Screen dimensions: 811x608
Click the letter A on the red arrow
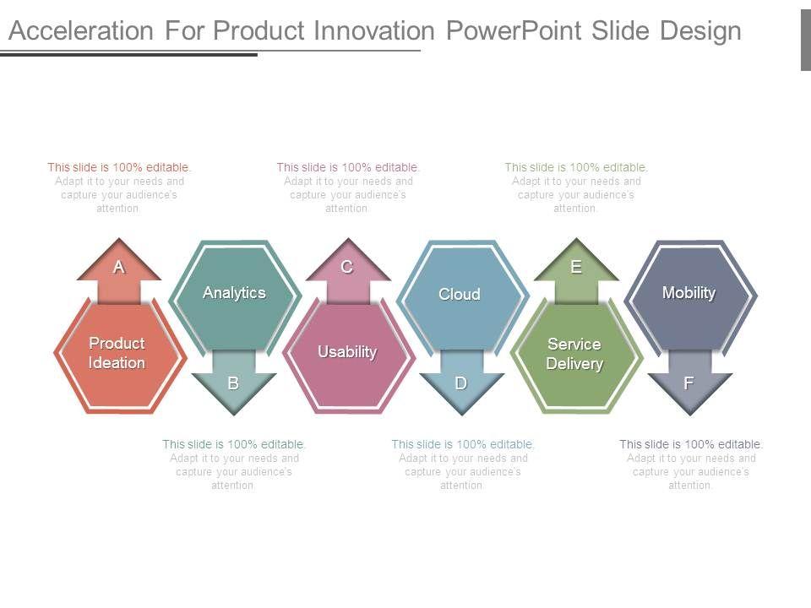[x=119, y=267]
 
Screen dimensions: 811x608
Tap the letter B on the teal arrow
[x=233, y=383]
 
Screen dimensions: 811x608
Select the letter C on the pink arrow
[x=347, y=267]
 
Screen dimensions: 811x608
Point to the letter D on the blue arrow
[x=461, y=383]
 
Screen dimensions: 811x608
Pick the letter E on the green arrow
[x=575, y=267]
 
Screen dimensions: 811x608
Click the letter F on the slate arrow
[x=689, y=383]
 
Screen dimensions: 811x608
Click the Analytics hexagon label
[x=234, y=293]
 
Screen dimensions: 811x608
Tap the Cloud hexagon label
[x=460, y=294]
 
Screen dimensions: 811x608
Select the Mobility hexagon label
[x=689, y=293]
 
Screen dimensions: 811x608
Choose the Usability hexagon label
[x=347, y=351]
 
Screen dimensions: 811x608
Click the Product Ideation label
[x=117, y=353]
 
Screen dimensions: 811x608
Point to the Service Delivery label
[x=574, y=354]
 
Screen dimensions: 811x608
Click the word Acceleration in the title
[x=81, y=30]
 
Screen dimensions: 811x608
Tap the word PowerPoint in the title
[x=514, y=30]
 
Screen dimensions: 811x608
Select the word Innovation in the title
[x=374, y=30]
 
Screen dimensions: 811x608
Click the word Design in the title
[x=701, y=31]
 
